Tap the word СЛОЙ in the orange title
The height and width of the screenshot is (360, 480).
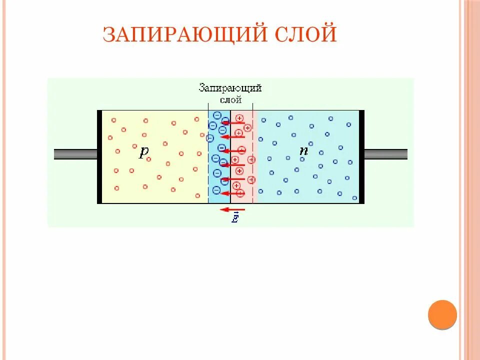(304, 34)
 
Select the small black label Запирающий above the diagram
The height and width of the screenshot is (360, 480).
(230, 88)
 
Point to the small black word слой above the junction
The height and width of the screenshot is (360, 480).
(230, 99)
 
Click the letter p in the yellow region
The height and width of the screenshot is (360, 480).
(144, 151)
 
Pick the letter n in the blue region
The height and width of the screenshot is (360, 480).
(303, 150)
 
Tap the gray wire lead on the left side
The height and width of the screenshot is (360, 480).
(75, 154)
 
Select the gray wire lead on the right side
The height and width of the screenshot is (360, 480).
(385, 154)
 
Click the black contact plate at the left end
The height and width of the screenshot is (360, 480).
(99, 156)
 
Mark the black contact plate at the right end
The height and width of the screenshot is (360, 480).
(361, 156)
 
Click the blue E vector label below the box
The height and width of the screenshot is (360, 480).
(235, 218)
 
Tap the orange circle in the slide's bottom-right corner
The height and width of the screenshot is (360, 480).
(442, 314)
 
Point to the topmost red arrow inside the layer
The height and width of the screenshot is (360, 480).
(233, 122)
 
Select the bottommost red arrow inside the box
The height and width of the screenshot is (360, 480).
(232, 193)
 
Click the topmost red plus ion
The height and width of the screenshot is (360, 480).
(239, 118)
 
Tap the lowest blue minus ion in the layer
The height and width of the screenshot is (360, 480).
(216, 190)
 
